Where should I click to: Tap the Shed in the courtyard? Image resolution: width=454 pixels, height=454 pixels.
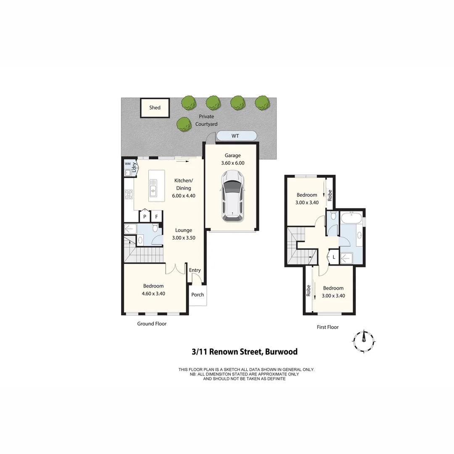click(x=155, y=108)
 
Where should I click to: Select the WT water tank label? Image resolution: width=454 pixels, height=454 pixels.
click(x=236, y=136)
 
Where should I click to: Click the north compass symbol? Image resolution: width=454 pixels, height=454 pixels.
click(x=364, y=340)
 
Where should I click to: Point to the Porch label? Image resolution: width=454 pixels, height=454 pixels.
click(x=198, y=295)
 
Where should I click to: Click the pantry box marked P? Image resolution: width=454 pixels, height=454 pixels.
click(x=145, y=216)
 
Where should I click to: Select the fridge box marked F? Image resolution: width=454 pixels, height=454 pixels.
click(x=157, y=216)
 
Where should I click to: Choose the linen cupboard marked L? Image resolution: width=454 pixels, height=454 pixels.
click(x=334, y=257)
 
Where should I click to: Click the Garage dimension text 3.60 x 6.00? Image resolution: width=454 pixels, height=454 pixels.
click(x=232, y=163)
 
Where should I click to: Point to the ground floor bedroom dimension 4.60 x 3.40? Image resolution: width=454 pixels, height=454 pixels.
click(x=153, y=293)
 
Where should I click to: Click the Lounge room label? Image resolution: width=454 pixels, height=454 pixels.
click(x=184, y=230)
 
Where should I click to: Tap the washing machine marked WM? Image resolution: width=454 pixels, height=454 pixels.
click(x=127, y=164)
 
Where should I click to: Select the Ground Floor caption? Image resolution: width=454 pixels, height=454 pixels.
click(x=152, y=324)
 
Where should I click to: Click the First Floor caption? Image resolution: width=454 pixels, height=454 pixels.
click(x=327, y=327)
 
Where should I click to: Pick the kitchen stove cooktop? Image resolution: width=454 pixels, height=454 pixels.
click(x=129, y=194)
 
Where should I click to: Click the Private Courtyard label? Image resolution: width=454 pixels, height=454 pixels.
click(x=206, y=120)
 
